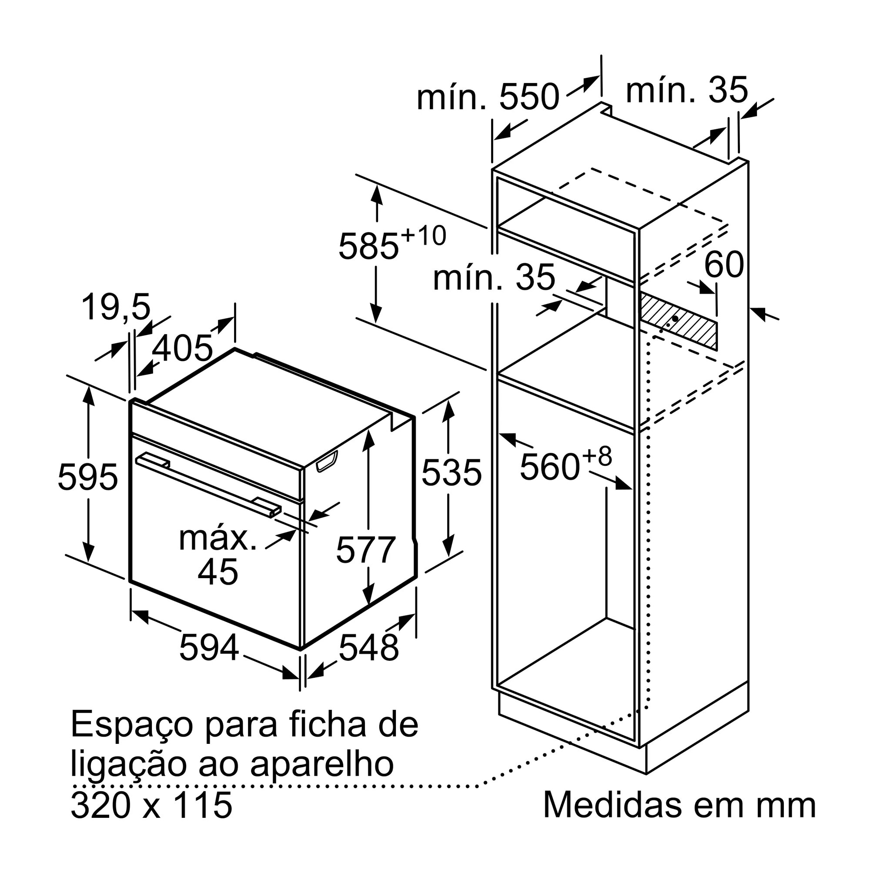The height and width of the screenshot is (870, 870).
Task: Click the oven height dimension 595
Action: point(88,477)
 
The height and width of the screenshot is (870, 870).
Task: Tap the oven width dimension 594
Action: point(209,647)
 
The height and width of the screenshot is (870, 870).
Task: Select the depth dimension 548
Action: point(369,647)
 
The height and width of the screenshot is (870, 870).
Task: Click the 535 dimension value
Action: point(452,472)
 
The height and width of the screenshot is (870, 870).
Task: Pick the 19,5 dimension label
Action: point(116,307)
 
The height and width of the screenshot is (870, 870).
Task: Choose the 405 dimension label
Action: point(182,348)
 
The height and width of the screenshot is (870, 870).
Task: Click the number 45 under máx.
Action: point(218,572)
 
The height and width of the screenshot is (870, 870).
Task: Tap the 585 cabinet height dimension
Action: point(369,246)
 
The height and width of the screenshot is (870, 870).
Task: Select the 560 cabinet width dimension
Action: point(549,467)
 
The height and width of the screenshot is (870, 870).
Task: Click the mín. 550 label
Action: point(488,97)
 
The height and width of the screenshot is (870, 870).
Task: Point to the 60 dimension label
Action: point(724,264)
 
